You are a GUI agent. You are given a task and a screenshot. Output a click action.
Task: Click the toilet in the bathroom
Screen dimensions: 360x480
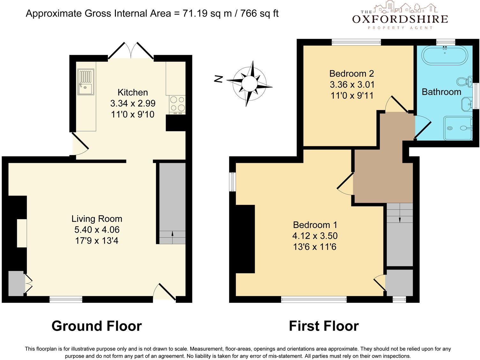[x=464, y=82]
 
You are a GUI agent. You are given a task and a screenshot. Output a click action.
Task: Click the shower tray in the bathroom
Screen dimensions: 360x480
[x=458, y=128]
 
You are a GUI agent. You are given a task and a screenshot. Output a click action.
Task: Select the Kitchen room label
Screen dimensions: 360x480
[x=133, y=93]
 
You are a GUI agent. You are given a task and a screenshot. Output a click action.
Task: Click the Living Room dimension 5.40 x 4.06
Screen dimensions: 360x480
[x=97, y=230]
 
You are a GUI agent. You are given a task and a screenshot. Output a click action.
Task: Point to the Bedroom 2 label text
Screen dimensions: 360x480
[x=352, y=74]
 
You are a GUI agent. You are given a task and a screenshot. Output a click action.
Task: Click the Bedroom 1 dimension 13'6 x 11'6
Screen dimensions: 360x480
[x=315, y=247]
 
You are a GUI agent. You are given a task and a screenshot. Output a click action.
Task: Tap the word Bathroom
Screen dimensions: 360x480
[x=441, y=92]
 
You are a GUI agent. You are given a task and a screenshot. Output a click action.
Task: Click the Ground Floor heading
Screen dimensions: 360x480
[x=96, y=326]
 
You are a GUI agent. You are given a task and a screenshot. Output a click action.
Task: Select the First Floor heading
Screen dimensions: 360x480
[x=324, y=326]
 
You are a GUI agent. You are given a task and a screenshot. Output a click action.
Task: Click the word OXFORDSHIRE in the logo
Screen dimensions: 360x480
[x=400, y=19]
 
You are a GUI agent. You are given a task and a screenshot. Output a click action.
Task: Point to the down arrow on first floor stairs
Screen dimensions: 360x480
[x=400, y=218]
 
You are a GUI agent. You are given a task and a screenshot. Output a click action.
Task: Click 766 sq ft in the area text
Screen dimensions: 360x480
[x=259, y=13]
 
